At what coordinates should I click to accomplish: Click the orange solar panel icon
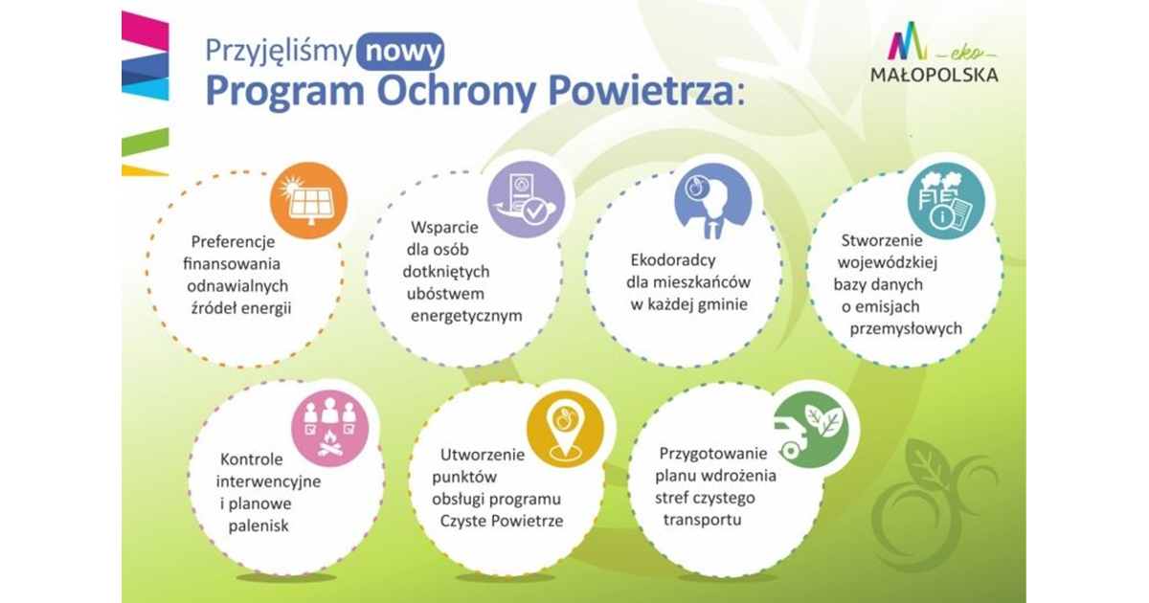click(308, 200)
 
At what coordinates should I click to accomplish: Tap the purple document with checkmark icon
click(527, 200)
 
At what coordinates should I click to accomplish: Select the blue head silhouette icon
click(713, 201)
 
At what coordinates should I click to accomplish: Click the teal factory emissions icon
click(946, 201)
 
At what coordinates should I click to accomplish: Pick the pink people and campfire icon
click(329, 428)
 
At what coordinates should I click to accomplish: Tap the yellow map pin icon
click(565, 429)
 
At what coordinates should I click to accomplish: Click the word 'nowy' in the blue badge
click(400, 52)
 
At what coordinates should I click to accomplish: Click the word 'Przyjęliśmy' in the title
click(280, 53)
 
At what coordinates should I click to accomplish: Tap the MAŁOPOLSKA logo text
click(935, 76)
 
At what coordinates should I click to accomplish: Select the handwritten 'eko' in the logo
click(967, 54)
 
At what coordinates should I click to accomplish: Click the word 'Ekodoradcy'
click(673, 260)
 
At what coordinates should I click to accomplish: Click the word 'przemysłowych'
click(906, 329)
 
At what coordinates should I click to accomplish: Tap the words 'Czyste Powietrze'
click(502, 521)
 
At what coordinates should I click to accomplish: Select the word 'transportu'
click(702, 520)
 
